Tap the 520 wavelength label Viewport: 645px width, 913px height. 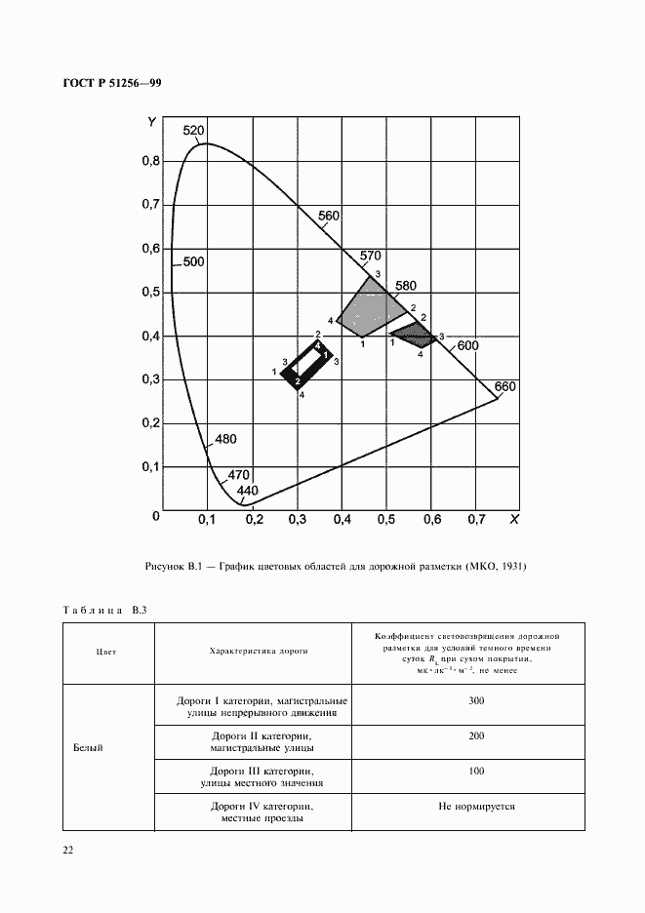(x=193, y=131)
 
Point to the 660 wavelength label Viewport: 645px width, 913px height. (x=504, y=387)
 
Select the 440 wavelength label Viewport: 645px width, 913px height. (x=249, y=491)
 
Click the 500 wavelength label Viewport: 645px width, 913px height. (x=193, y=261)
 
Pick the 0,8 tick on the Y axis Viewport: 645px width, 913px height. (x=149, y=161)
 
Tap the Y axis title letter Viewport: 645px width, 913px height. (x=151, y=122)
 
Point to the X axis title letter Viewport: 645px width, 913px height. (x=515, y=522)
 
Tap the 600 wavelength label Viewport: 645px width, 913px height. (x=467, y=345)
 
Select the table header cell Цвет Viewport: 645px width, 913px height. (x=107, y=653)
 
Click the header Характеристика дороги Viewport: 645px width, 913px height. (x=252, y=653)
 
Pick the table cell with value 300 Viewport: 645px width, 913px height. (x=475, y=701)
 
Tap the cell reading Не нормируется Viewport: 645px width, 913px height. (x=475, y=807)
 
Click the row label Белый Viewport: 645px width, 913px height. (x=88, y=748)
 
